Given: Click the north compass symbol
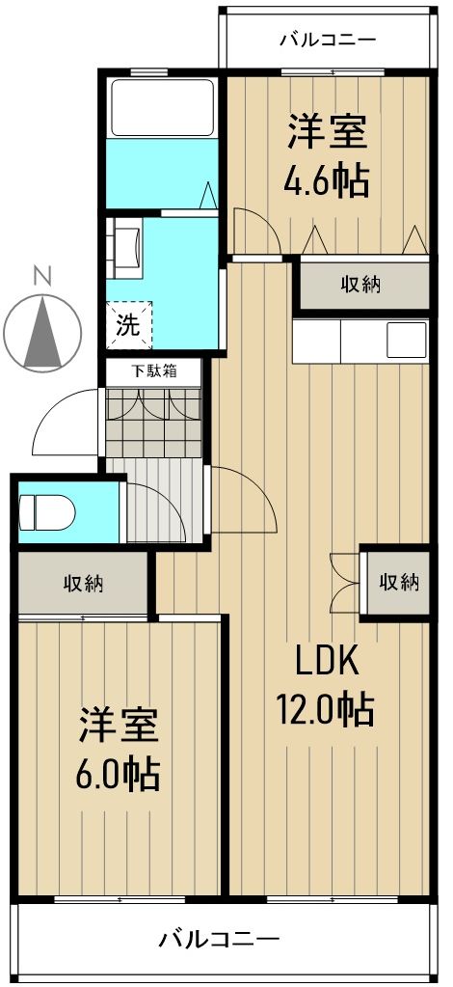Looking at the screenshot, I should click(43, 332).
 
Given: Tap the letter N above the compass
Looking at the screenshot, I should click(42, 275).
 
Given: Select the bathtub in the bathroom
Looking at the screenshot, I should click(162, 108).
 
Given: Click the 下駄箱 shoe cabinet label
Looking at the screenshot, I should click(154, 370).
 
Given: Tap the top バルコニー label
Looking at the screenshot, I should click(327, 40).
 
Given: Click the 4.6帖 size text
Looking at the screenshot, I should click(327, 180).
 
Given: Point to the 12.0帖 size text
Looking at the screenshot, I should click(327, 710).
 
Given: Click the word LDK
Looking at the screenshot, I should click(327, 662).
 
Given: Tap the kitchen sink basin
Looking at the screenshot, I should click(406, 341).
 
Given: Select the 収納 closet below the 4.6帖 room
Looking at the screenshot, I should click(360, 285).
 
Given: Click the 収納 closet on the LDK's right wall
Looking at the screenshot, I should click(397, 582).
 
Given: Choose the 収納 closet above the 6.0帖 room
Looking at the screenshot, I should click(84, 583).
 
